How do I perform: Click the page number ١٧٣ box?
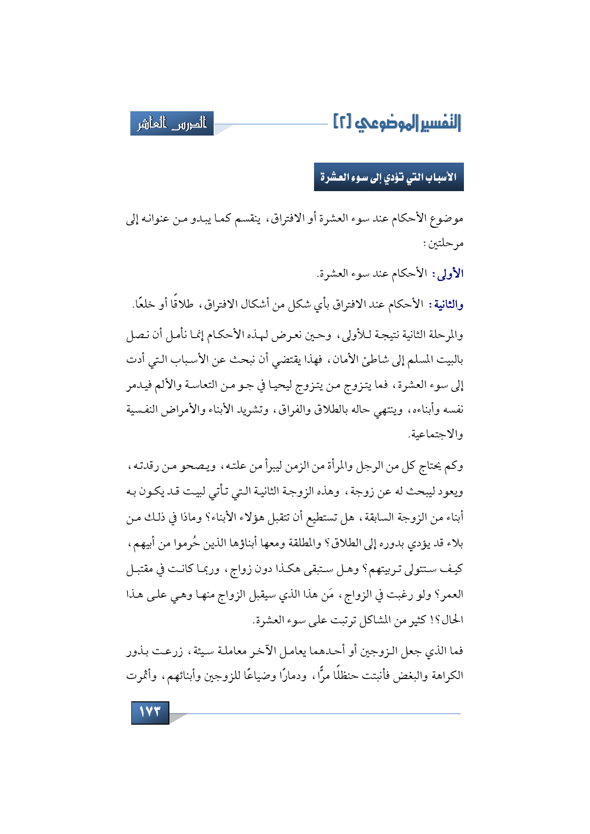(x=150, y=712)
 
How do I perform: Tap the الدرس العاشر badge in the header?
(x=172, y=124)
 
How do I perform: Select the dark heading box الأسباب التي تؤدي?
(x=389, y=177)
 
